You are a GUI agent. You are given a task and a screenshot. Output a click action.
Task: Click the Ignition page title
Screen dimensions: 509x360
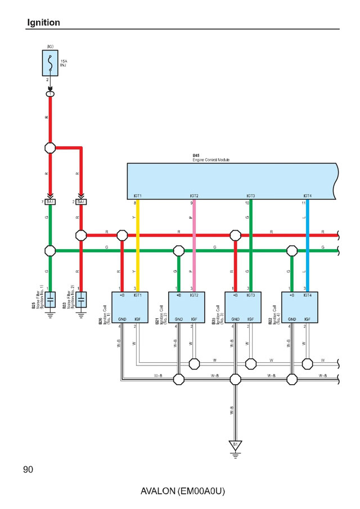click(43, 23)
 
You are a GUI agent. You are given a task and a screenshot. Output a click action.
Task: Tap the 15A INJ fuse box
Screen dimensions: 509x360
click(50, 62)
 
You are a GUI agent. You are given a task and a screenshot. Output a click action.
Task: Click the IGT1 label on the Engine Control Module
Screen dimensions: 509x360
click(138, 196)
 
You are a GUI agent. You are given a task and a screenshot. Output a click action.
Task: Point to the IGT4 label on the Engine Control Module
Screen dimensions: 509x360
click(307, 196)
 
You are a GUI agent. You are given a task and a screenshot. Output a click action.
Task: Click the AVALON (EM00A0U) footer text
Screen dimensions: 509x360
click(183, 491)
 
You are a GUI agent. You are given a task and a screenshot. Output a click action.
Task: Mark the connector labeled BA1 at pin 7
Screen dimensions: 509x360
click(50, 201)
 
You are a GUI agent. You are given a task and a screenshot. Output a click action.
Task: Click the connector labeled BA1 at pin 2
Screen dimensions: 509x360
click(82, 201)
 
